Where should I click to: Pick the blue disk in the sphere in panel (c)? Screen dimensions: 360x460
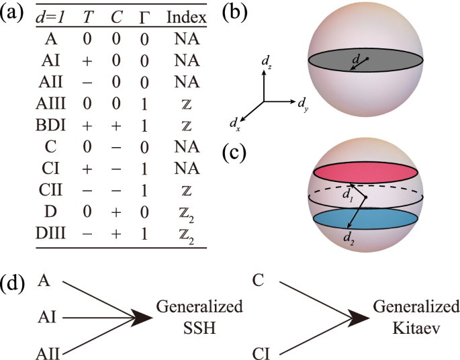pyautogui.click(x=366, y=220)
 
